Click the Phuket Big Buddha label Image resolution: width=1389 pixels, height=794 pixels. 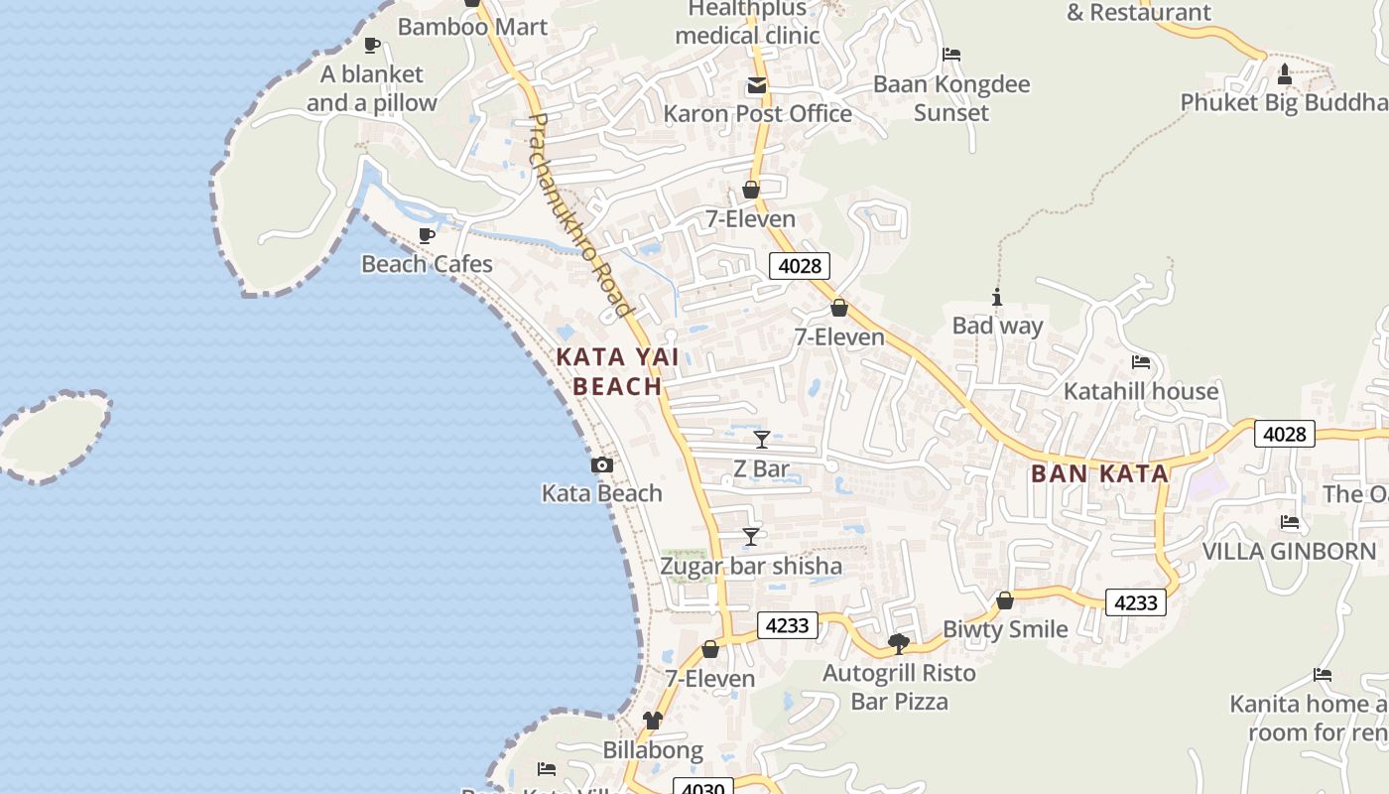click(1284, 102)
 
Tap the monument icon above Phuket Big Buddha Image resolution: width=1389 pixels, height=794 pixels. click(1284, 73)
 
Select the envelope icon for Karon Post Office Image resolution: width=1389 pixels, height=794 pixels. click(757, 85)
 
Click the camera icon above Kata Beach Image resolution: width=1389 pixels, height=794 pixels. click(601, 464)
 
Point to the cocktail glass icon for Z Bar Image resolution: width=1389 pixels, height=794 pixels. click(761, 440)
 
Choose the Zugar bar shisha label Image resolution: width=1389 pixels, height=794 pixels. click(751, 566)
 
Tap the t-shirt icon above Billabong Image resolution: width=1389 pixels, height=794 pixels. click(652, 721)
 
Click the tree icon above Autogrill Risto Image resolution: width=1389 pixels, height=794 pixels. click(899, 644)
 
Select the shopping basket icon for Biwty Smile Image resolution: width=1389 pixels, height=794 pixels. click(1004, 600)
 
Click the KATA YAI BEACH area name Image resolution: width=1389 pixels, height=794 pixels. click(609, 371)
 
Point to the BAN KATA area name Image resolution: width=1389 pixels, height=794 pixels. click(1099, 473)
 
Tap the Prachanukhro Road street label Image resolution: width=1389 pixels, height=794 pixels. click(581, 215)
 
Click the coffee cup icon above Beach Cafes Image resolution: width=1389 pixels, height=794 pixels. click(427, 235)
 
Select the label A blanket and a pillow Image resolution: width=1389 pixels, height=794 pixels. click(372, 88)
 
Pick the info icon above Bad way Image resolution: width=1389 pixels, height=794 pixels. click(997, 297)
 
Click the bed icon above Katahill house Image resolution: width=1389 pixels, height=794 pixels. click(1140, 362)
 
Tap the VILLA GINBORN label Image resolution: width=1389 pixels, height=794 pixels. click(1289, 551)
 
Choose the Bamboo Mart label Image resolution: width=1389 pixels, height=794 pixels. click(472, 27)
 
